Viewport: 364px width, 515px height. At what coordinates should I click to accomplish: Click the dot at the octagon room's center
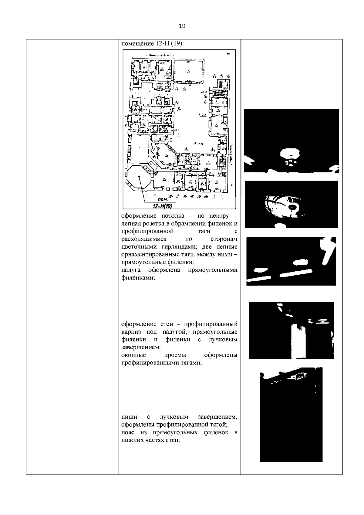coord(138,176)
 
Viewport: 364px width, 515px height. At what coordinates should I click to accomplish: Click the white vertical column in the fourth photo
coord(299,341)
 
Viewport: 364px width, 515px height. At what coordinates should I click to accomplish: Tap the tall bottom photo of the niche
coord(291,414)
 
